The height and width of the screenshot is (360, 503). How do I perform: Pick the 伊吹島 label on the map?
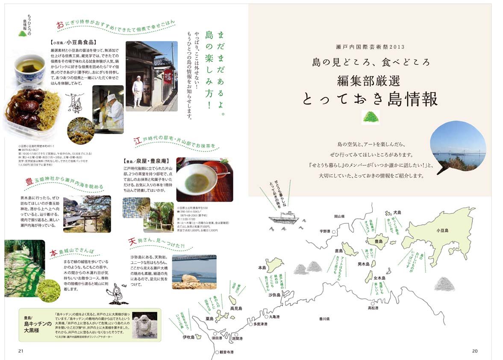tap(188, 337)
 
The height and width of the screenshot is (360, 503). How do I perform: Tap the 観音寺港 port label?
tap(226, 352)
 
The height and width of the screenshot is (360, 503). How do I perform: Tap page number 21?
tap(20, 351)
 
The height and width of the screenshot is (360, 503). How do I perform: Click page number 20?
tap(474, 351)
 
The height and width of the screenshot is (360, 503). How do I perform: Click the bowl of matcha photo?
tap(204, 179)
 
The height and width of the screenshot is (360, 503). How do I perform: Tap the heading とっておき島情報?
tap(370, 99)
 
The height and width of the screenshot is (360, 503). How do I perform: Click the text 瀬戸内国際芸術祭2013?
tap(370, 47)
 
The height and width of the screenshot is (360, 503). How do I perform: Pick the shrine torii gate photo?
tap(87, 214)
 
